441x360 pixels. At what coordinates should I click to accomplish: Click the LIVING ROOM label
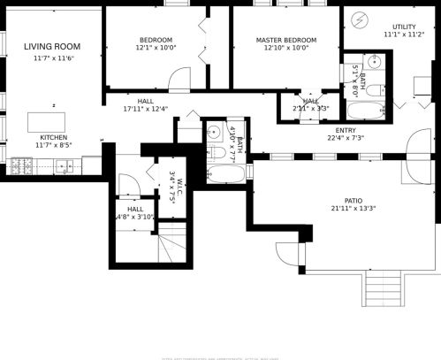(x=52, y=46)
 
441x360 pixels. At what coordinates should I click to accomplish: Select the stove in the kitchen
(x=21, y=165)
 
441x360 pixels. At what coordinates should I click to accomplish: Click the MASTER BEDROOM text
(x=286, y=41)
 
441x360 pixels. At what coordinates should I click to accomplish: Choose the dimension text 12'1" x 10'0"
(x=156, y=49)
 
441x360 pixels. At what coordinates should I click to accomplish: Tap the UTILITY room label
(x=404, y=27)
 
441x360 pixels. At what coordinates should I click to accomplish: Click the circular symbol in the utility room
(x=361, y=19)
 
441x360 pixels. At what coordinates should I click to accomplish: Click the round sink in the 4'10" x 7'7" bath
(x=213, y=132)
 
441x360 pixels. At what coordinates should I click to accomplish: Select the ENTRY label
(x=346, y=129)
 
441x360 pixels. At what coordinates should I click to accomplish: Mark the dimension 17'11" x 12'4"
(x=146, y=110)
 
